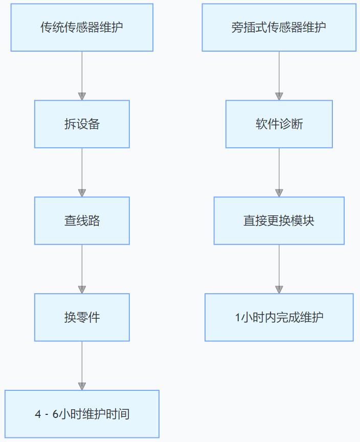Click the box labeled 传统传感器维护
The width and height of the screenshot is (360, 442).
point(82,28)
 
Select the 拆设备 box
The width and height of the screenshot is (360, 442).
point(82,124)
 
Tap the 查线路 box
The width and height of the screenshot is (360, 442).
point(82,220)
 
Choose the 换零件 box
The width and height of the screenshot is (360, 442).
point(82,317)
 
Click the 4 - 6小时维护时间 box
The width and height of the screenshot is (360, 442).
point(82,414)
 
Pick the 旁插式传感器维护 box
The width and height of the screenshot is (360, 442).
point(279,28)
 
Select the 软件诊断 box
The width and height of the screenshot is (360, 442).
point(279,124)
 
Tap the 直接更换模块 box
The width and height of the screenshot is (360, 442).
point(279,220)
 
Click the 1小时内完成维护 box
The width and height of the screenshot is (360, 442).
point(279,317)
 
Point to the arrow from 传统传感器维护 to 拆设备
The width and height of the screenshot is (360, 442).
point(82,74)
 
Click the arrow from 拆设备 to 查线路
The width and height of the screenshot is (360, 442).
point(82,171)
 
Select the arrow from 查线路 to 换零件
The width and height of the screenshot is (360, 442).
point(82,268)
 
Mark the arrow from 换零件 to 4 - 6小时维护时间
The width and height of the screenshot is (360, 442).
point(82,365)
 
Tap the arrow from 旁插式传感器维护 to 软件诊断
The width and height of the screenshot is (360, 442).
point(279,74)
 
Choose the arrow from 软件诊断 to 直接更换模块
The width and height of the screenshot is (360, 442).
point(279,171)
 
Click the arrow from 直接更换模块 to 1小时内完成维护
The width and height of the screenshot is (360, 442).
point(279,268)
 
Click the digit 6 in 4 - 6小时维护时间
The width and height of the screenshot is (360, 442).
point(56,414)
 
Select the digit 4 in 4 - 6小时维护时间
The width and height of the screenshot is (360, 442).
point(38,414)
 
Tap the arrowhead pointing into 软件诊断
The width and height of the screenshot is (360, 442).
point(279,96)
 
